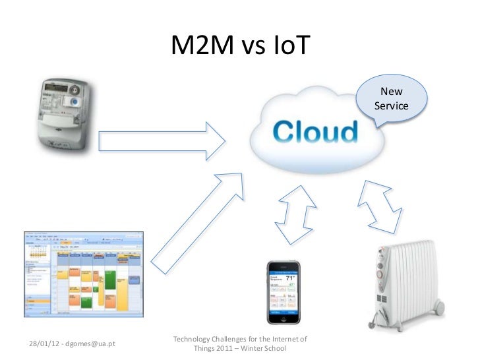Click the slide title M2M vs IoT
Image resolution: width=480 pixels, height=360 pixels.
240,45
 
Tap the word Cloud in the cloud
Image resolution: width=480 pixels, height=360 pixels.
316,132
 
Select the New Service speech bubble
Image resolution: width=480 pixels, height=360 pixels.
391,100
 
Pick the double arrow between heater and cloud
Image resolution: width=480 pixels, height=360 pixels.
378,204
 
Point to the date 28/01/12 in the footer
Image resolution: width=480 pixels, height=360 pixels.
43,344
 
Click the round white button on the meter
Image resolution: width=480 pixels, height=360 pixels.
75,102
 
